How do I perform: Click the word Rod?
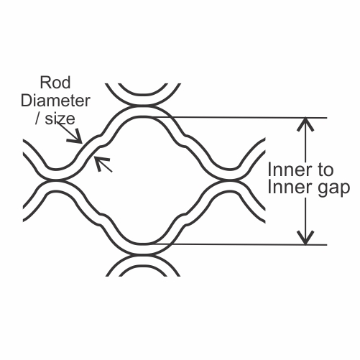coord(55,83)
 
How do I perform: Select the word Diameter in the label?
coord(55,101)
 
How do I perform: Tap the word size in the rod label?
coord(60,119)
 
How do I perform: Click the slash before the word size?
coord(37,119)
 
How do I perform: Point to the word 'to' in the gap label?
coord(326,170)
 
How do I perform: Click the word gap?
coord(333,188)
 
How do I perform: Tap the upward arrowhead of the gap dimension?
coord(305,124)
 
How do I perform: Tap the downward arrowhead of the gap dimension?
coord(305,238)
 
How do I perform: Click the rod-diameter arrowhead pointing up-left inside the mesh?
coord(101,162)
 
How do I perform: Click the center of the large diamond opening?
coord(143,180)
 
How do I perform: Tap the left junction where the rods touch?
coord(56,180)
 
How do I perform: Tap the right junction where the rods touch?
coord(230,180)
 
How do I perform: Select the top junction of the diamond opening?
coord(143,106)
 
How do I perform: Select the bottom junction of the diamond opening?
coord(143,254)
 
